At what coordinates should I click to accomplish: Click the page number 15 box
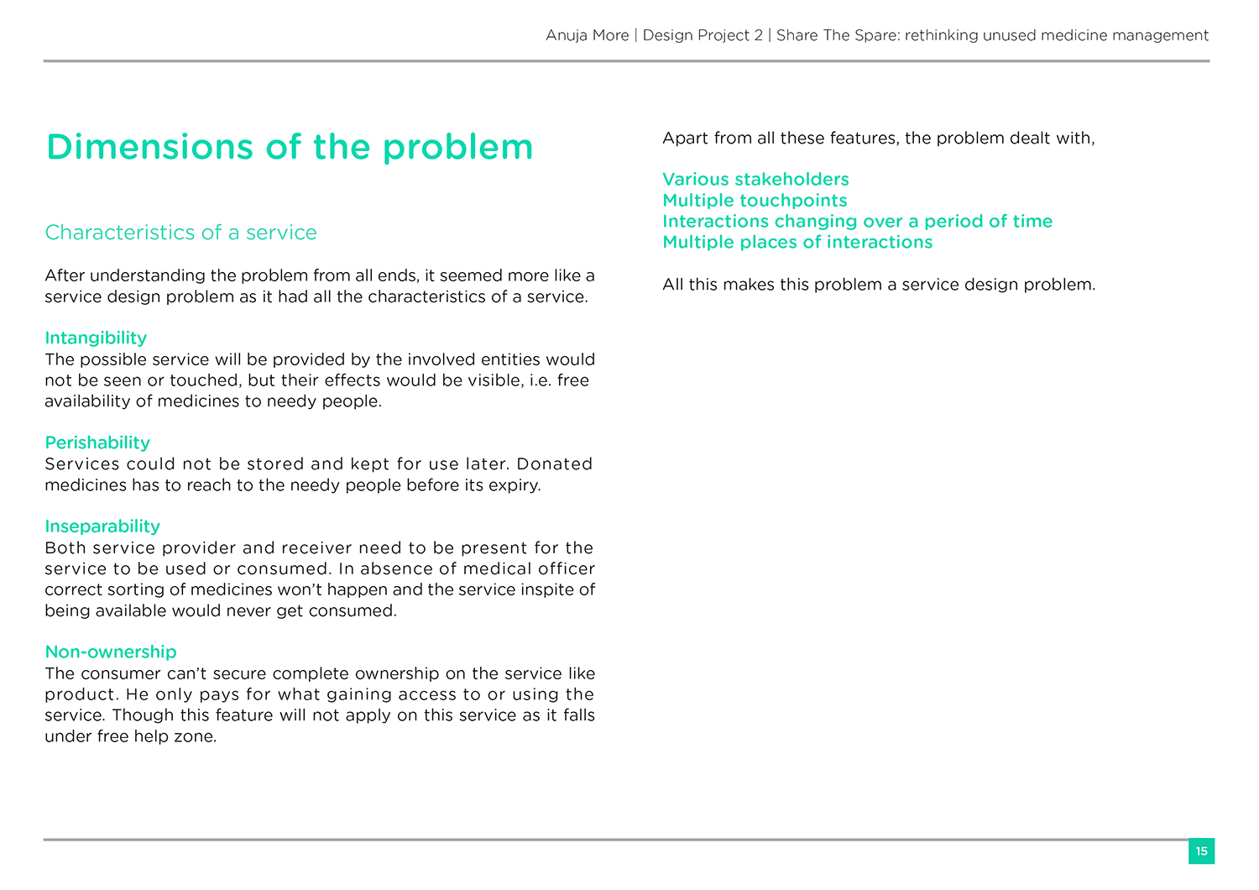1201,851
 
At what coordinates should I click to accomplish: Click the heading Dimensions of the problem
290,147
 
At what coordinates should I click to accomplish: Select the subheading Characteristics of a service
180,233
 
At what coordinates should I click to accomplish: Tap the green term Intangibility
96,338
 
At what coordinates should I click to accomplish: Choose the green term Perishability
97,442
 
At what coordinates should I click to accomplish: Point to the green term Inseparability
102,526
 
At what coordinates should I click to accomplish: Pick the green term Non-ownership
111,652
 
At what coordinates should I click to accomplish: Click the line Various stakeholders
755,179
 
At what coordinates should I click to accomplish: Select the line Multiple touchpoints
755,200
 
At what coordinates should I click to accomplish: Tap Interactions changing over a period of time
857,221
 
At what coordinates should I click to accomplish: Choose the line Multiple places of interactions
797,242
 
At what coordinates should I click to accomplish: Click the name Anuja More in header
587,35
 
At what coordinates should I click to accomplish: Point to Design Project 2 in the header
703,35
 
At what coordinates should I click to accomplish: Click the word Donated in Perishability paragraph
555,463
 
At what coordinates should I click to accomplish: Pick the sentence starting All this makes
879,284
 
